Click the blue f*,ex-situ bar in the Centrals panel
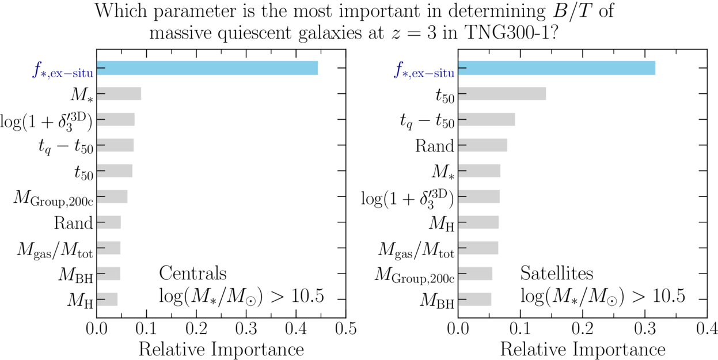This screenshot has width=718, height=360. [x=207, y=68]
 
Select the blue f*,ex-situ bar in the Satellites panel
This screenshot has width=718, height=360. [x=557, y=68]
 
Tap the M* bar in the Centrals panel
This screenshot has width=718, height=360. [x=119, y=94]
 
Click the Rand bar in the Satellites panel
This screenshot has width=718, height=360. [x=483, y=145]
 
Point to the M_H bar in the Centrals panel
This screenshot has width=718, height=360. [x=107, y=300]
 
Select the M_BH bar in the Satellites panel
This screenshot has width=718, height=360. [x=475, y=300]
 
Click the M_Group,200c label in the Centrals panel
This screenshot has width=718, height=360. [x=54, y=198]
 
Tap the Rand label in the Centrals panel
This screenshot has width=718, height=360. [x=73, y=223]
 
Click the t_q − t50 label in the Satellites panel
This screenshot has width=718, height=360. [x=427, y=120]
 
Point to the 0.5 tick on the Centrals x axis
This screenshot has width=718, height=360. [x=345, y=329]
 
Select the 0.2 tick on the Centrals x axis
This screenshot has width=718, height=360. [x=196, y=329]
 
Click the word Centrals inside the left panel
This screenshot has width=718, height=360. [x=192, y=272]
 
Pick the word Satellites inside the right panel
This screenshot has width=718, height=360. [x=557, y=272]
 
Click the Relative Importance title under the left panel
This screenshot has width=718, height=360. [x=221, y=349]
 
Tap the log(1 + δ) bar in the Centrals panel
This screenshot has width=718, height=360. [x=116, y=119]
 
